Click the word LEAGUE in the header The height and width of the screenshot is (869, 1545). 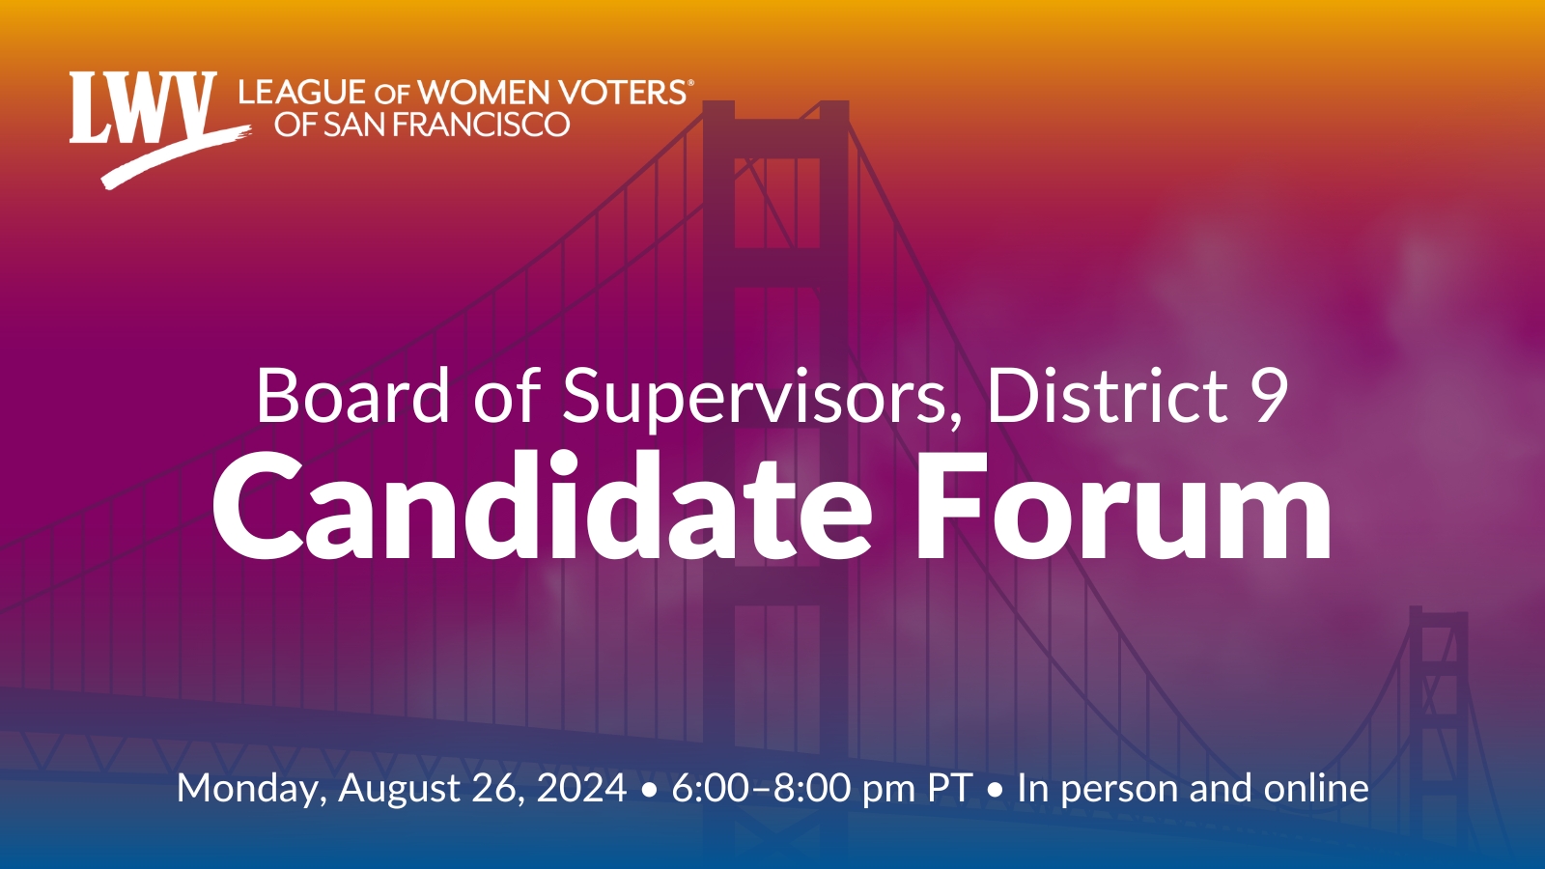301,93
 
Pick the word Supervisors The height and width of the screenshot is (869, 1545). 753,400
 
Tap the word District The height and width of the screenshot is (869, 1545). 1108,396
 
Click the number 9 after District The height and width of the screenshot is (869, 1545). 1269,397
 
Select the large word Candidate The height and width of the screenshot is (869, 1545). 542,508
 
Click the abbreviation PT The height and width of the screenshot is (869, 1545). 950,788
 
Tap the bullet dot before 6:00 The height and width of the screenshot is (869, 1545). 649,792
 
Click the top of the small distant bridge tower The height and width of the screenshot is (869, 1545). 1438,609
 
